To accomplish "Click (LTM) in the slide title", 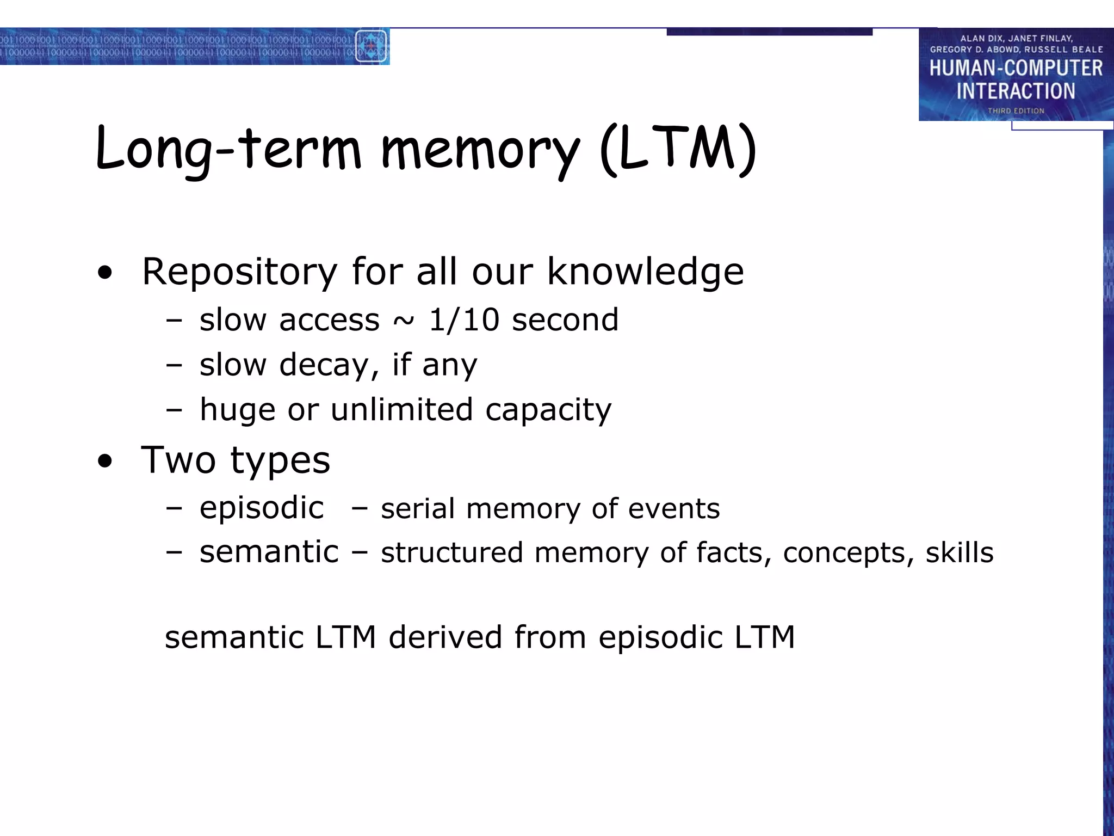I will tap(678, 150).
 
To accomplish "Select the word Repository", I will tap(239, 272).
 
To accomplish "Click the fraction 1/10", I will tap(464, 319).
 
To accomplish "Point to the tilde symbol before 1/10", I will tap(404, 321).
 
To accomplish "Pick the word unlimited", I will tap(401, 409).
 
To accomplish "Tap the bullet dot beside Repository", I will tap(105, 273).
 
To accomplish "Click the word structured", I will tap(451, 553).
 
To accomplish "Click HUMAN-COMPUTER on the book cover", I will tap(1016, 69).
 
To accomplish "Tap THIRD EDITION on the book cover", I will tap(1016, 111).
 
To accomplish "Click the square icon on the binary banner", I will tap(371, 46).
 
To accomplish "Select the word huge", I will tap(237, 410).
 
